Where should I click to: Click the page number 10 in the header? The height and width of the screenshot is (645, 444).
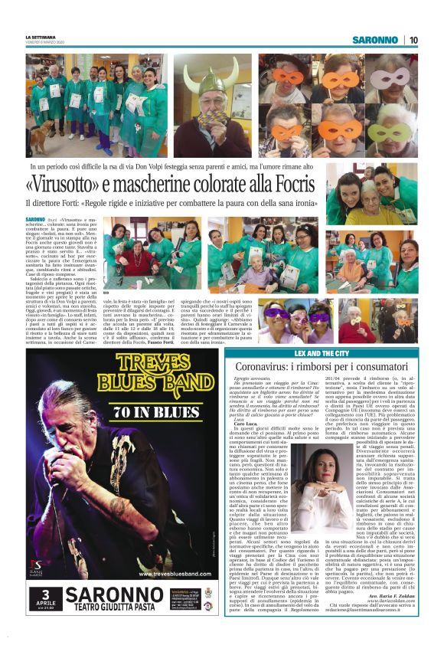click(x=413, y=39)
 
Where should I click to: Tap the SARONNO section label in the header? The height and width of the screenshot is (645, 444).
click(x=375, y=39)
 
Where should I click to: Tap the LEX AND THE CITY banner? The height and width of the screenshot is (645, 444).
click(x=322, y=354)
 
